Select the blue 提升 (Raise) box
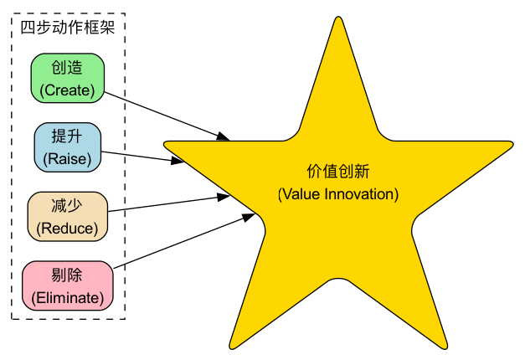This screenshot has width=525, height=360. (67, 147)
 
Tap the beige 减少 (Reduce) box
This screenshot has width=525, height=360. (67, 216)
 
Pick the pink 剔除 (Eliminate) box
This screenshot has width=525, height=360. (67, 285)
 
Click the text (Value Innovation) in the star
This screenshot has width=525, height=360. (337, 194)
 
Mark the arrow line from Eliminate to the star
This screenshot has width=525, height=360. (180, 242)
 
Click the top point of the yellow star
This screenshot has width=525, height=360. (337, 20)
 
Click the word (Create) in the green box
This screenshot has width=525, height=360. (67, 89)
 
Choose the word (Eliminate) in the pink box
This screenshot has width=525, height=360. (67, 296)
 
